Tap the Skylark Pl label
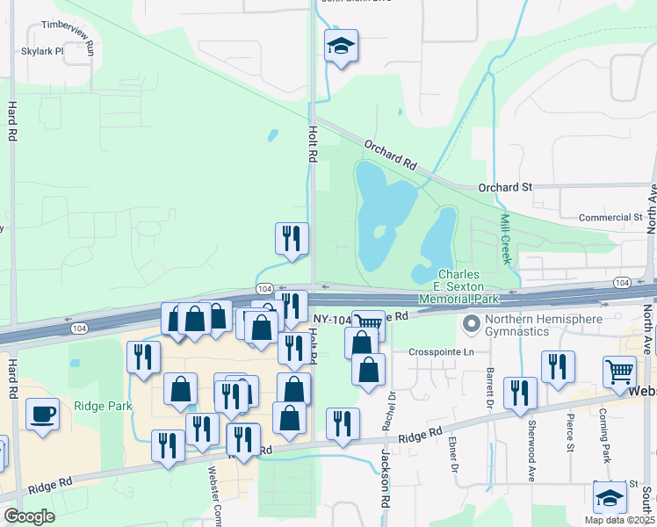pyautogui.click(x=43, y=51)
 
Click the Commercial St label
pyautogui.click(x=610, y=217)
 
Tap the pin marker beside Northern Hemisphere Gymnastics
pyautogui.click(x=473, y=325)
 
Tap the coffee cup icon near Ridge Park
pyautogui.click(x=41, y=415)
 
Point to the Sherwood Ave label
pyautogui.click(x=531, y=459)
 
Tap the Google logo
pyautogui.click(x=29, y=516)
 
